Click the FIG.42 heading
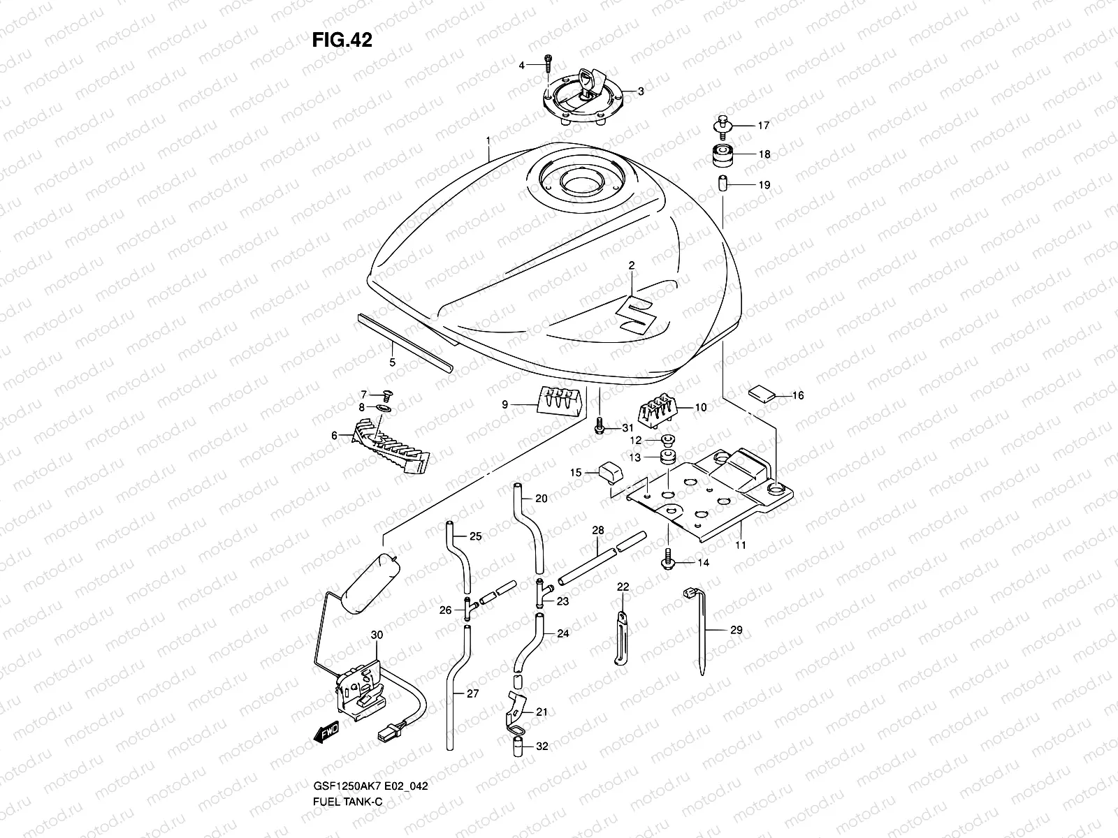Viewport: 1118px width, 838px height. pos(342,40)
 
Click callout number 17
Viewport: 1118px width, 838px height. pos(763,126)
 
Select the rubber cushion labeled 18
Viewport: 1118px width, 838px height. pos(723,155)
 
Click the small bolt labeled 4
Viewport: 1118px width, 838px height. pos(548,65)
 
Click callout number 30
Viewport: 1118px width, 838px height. pos(377,635)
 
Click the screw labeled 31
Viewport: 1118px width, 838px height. pos(599,427)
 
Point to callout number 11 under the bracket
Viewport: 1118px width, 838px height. pos(741,545)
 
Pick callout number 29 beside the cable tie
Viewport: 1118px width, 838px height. pos(735,630)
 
